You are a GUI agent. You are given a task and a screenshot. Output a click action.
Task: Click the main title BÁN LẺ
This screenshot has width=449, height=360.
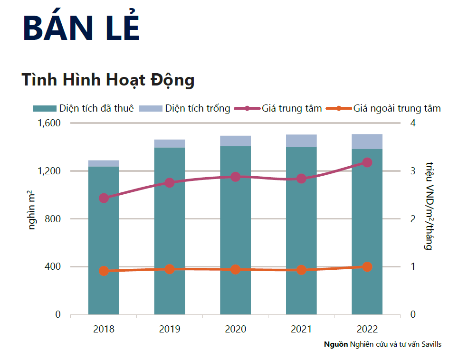(x=81, y=28)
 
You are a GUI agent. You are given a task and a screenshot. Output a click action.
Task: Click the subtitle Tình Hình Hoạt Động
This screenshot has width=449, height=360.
(x=108, y=80)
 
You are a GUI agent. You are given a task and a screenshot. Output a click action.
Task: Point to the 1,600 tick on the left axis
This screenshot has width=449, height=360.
(x=49, y=123)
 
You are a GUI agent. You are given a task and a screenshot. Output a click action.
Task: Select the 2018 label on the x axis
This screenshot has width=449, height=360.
(x=104, y=329)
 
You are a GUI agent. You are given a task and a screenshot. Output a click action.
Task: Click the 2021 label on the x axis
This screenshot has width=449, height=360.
(x=301, y=329)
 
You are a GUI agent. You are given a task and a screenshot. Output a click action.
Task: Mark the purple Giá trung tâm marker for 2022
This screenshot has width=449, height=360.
(x=367, y=162)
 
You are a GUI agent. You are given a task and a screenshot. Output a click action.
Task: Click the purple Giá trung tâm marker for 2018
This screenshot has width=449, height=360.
(x=104, y=198)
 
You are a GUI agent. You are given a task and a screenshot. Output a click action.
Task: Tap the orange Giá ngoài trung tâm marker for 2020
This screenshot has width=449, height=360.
(x=235, y=269)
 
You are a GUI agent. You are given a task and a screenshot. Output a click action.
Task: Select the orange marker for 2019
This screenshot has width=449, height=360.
(x=170, y=269)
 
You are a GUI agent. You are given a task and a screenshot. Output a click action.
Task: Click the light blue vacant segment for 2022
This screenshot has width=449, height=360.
(x=367, y=142)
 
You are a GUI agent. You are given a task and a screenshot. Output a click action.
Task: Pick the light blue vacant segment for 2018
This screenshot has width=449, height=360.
(x=104, y=163)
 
